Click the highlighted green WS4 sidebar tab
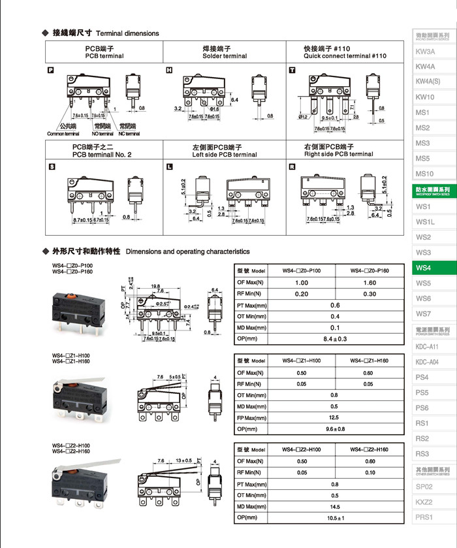(424, 268)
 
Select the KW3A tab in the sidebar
(425, 51)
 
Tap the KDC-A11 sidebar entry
(427, 346)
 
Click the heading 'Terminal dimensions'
(127, 33)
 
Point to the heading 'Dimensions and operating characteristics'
(187, 251)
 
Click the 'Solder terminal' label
(225, 56)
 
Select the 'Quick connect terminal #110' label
(345, 56)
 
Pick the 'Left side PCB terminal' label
(224, 155)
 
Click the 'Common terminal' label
(63, 134)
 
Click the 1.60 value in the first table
(370, 283)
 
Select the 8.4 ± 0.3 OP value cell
(336, 339)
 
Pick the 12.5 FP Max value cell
(334, 417)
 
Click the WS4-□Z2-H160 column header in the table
(370, 449)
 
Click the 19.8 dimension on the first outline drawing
(156, 285)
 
